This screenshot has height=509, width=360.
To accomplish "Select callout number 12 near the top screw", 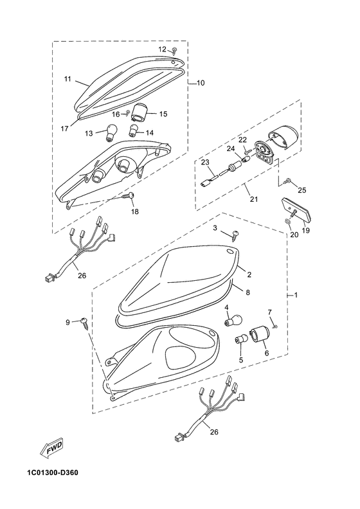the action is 162,49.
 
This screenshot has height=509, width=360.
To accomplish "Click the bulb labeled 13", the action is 109,134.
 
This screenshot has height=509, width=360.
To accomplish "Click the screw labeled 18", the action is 129,196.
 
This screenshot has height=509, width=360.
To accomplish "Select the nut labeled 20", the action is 287,221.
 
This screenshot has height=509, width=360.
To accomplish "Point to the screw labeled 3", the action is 235,235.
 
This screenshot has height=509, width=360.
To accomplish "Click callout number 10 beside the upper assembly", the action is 201,83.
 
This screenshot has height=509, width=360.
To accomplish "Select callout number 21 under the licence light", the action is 254,199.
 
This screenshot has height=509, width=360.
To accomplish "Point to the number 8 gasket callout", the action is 248,292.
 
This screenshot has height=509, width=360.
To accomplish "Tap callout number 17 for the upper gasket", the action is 64,129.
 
